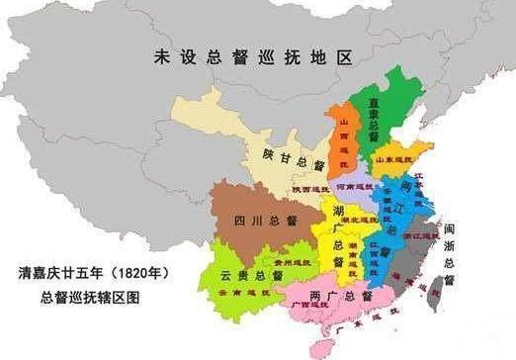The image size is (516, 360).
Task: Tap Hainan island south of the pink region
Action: [x=321, y=348]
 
